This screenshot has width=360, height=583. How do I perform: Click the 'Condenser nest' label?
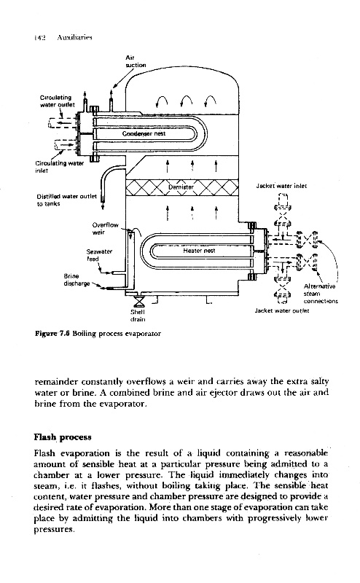click(144, 133)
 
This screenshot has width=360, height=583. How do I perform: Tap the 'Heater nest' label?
click(199, 251)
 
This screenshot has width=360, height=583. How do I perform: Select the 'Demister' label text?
click(181, 187)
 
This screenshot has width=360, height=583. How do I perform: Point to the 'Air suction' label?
click(136, 61)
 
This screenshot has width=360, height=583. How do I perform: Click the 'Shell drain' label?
click(138, 316)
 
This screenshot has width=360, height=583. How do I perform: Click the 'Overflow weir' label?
click(105, 229)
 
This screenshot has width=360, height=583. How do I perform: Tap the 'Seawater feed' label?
click(99, 255)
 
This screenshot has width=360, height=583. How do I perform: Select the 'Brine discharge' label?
click(77, 280)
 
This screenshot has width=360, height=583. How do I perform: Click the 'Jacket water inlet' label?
click(281, 186)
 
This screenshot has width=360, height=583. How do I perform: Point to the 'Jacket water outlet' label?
click(281, 310)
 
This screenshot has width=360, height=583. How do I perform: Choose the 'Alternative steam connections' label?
click(321, 294)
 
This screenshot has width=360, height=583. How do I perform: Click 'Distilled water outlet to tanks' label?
click(66, 200)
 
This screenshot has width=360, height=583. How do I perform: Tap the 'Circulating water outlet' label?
click(58, 101)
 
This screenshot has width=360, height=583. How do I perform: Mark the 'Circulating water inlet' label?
click(60, 167)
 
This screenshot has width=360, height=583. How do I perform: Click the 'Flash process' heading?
click(63, 437)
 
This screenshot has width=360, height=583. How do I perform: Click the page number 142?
click(39, 38)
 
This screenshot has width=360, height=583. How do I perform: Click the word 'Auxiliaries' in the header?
click(75, 38)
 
